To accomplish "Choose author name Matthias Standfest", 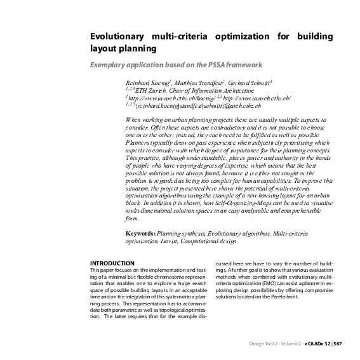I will click(x=197, y=83).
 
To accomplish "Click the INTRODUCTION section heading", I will click(x=112, y=263).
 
